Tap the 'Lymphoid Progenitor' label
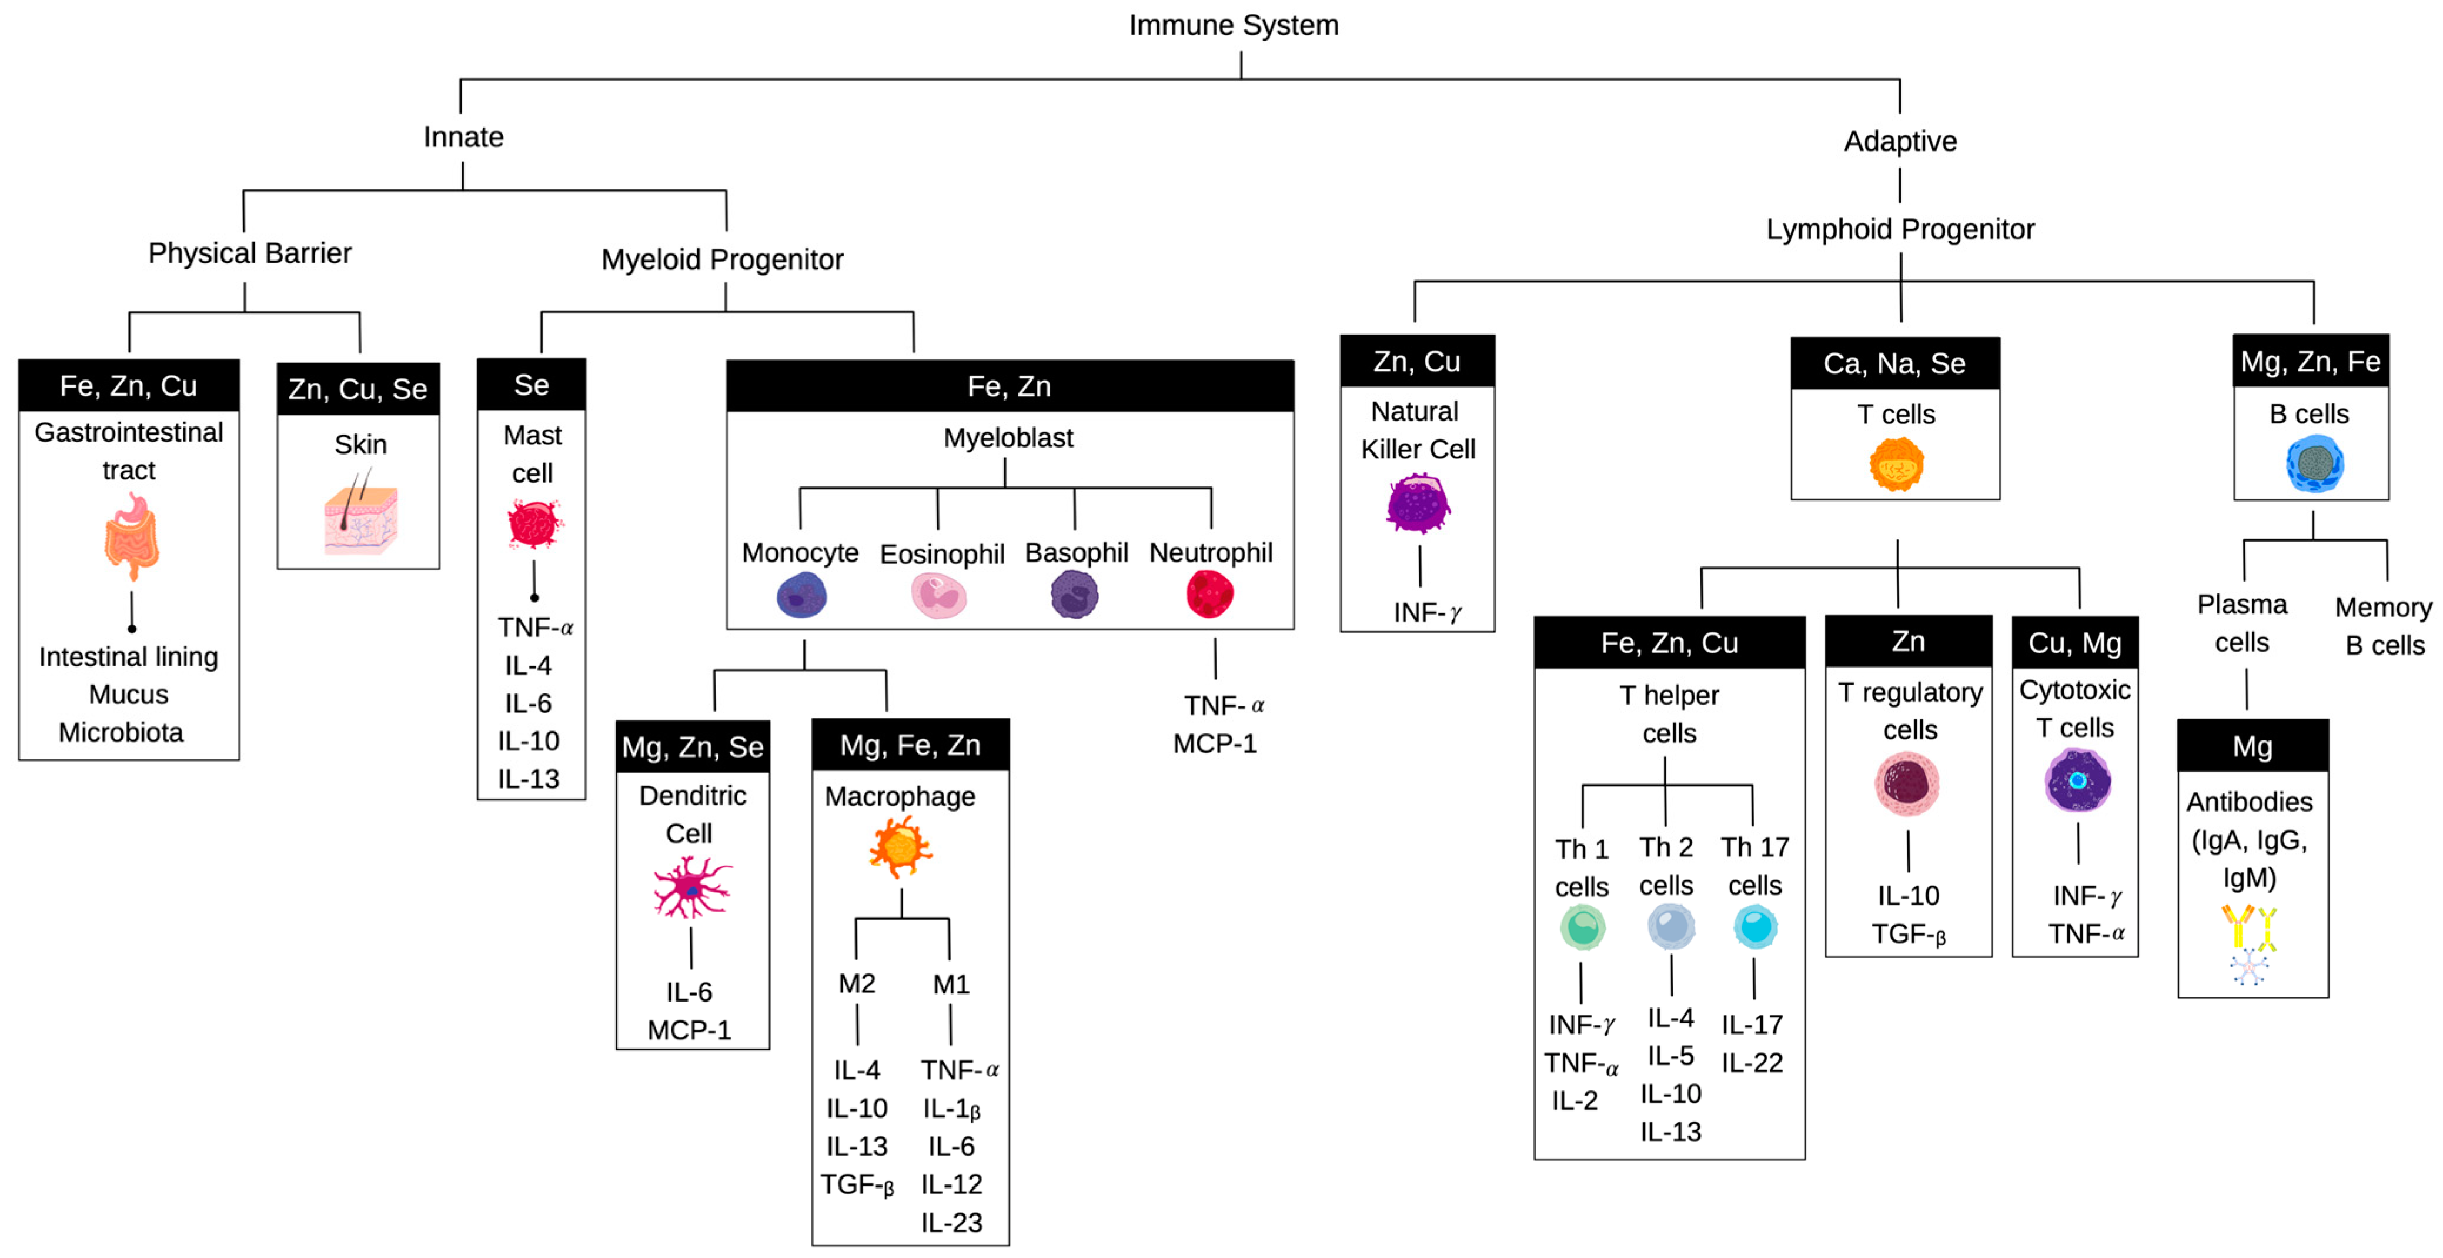pos(1900,229)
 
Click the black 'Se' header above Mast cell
pos(531,384)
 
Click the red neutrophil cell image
pos(1210,594)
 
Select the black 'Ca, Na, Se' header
pos(1895,363)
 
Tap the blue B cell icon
pos(2314,464)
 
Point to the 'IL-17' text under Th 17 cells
pos(1752,1025)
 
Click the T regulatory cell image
pos(1907,783)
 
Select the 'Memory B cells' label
pos(2383,626)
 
